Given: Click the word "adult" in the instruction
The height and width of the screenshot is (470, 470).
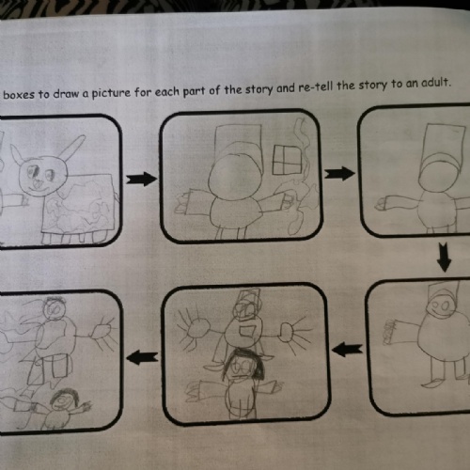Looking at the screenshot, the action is [x=435, y=82].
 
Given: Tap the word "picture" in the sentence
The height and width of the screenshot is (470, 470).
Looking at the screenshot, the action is [x=111, y=93].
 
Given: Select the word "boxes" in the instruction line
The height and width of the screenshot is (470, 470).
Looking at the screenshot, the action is [x=19, y=94].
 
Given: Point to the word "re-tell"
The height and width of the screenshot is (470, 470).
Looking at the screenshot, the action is [x=316, y=86].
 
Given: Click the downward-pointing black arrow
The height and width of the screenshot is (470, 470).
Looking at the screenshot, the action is [x=445, y=257].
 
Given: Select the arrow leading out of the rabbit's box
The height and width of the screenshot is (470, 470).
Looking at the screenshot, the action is [x=141, y=179].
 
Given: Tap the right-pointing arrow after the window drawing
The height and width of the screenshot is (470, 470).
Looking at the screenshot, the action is [x=339, y=173].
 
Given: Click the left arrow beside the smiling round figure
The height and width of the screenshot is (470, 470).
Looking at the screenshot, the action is [x=347, y=349].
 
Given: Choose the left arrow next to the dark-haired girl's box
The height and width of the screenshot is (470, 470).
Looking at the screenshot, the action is [x=142, y=357].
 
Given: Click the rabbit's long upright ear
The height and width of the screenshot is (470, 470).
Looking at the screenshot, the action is [x=71, y=148].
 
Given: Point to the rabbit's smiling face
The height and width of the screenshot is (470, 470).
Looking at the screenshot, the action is [x=42, y=176].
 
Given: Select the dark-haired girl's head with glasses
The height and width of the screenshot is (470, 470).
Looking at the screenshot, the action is [x=242, y=365].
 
